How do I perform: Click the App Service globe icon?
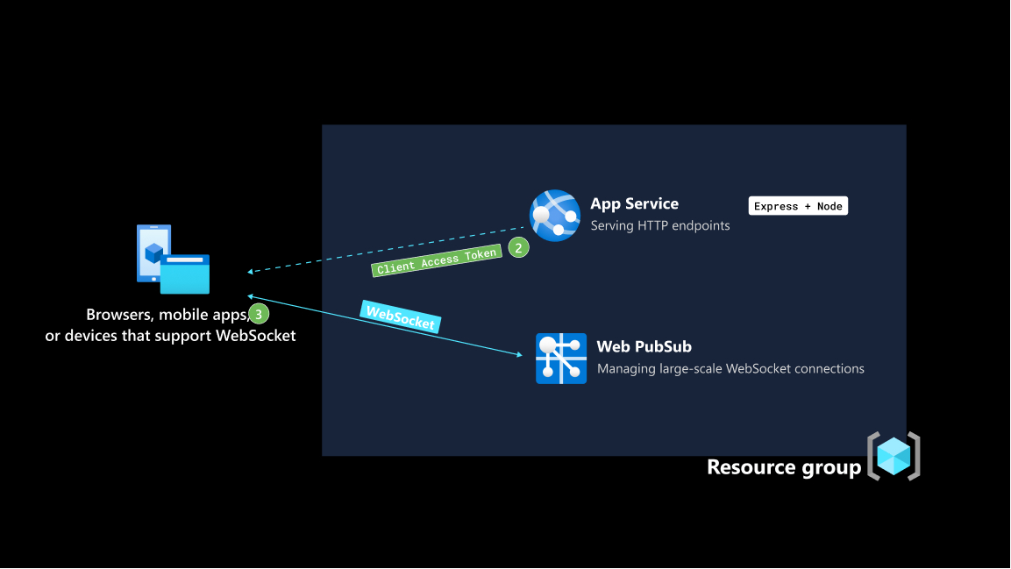click(555, 215)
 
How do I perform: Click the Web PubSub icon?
click(561, 359)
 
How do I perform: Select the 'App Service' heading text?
click(634, 203)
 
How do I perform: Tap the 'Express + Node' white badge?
click(798, 206)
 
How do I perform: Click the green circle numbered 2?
click(518, 248)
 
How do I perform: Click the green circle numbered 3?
click(259, 313)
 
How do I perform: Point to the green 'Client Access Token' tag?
click(438, 260)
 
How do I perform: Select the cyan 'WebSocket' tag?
click(400, 317)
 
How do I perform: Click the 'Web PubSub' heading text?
click(644, 346)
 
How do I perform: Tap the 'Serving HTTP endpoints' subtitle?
click(659, 225)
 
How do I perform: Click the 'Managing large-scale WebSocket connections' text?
click(730, 369)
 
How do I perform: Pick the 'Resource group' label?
click(784, 467)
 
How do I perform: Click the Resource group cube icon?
click(894, 456)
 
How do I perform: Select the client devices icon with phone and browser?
click(173, 260)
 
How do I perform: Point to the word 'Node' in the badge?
click(829, 206)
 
